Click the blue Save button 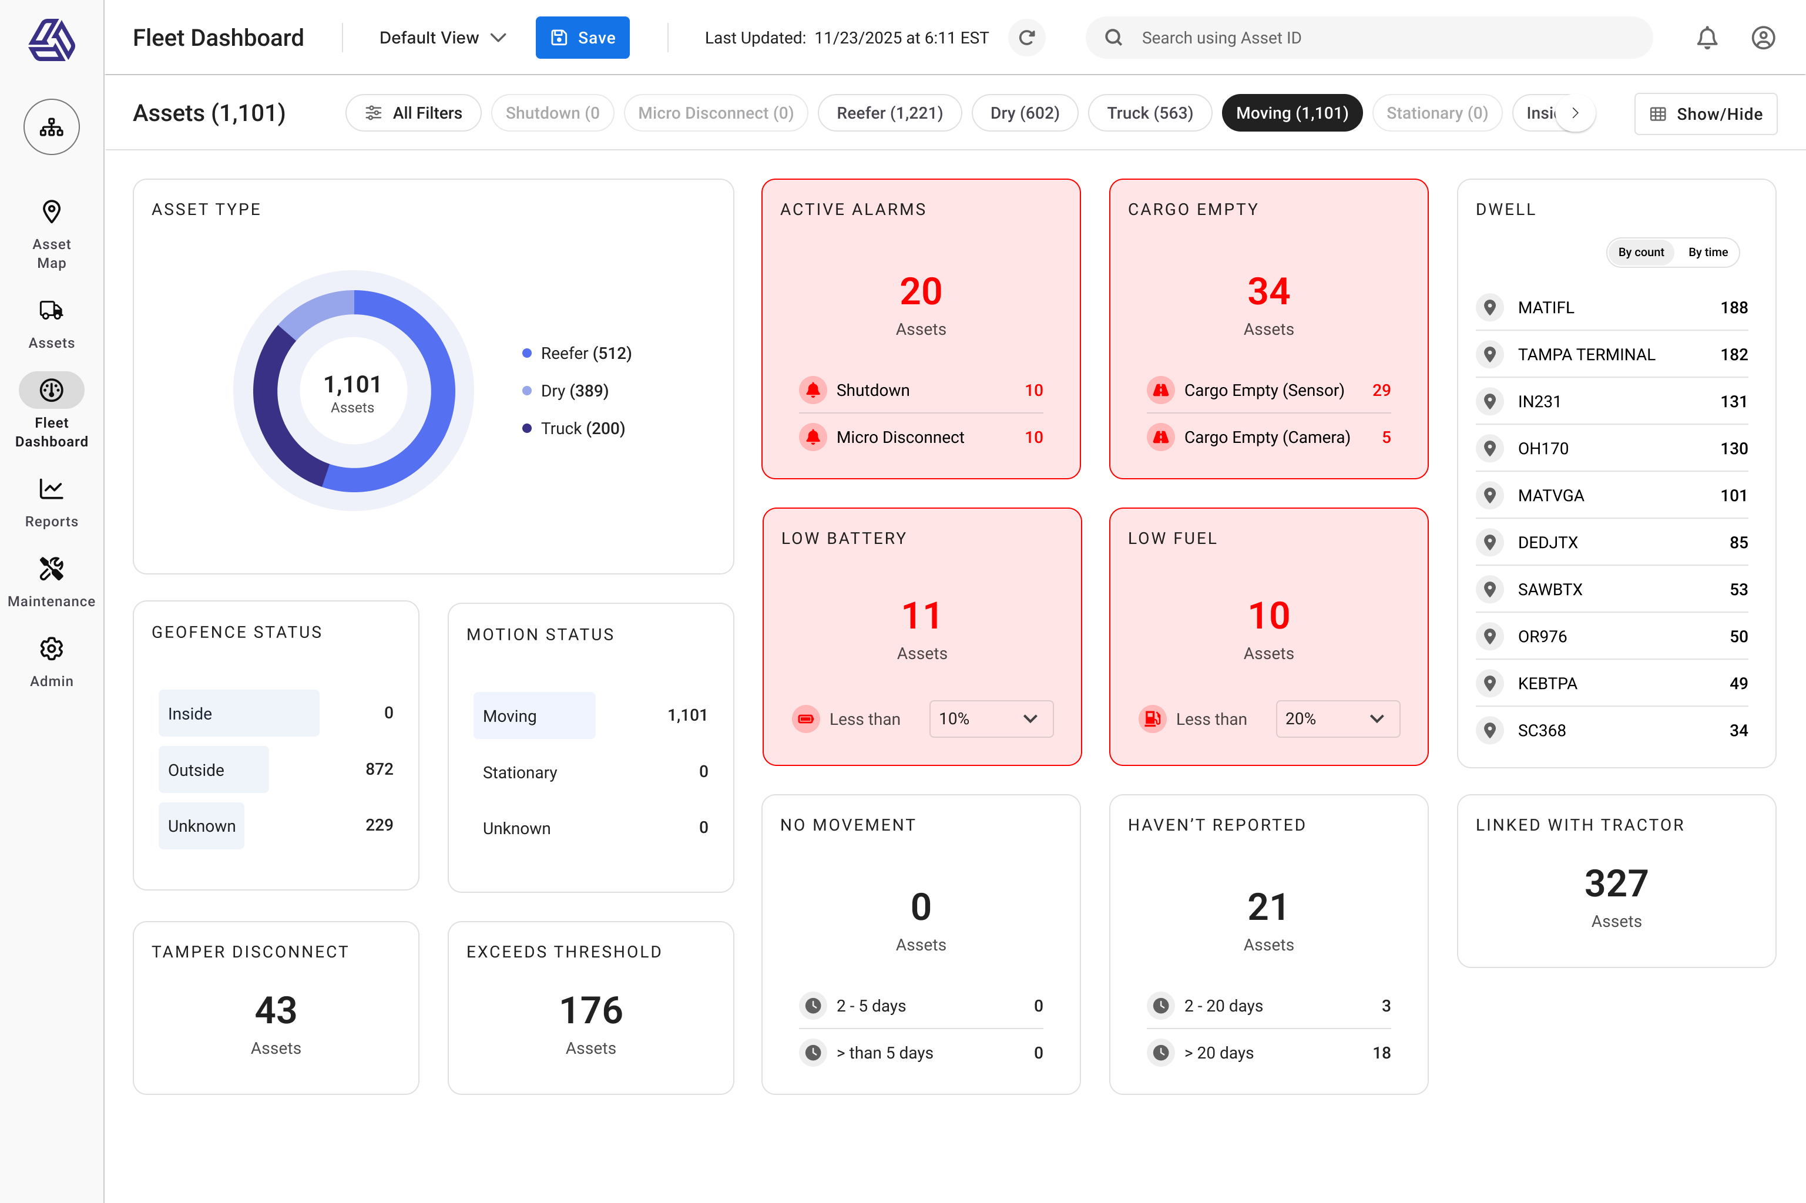point(582,38)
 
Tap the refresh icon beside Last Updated point(1026,38)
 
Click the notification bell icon point(1706,38)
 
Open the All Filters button point(414,113)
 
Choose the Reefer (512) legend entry point(585,353)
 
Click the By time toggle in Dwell point(1707,253)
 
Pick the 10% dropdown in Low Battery point(991,719)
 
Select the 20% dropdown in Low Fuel point(1337,719)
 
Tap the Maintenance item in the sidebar point(51,582)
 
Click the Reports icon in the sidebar point(51,489)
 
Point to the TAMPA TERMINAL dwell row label point(1586,354)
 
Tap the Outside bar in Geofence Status point(213,769)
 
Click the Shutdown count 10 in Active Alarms point(1033,391)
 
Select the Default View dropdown point(442,38)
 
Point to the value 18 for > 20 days point(1381,1053)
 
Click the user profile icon point(1763,38)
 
